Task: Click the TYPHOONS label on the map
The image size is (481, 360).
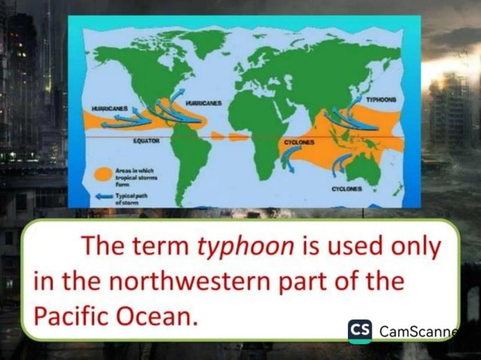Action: [381, 100]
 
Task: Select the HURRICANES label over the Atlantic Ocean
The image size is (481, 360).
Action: [204, 103]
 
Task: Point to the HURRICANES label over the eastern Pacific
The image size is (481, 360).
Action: [110, 109]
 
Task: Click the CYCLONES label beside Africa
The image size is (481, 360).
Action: [299, 143]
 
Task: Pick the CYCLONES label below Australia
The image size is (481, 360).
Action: [347, 189]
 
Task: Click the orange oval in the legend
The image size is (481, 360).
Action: [103, 174]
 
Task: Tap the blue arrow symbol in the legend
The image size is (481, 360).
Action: [105, 197]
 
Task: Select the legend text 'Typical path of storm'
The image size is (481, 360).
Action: [131, 199]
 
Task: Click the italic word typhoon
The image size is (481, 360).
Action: [245, 247]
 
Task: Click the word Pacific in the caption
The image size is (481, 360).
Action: [71, 316]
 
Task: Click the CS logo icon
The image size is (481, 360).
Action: [360, 332]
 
